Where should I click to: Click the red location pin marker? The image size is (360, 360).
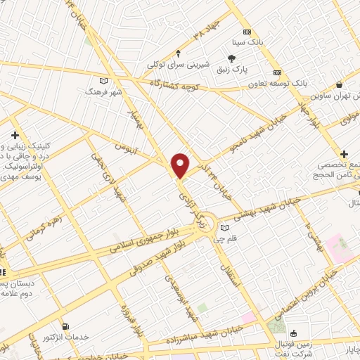click(x=181, y=165)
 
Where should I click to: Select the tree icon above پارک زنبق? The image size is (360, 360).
click(x=232, y=59)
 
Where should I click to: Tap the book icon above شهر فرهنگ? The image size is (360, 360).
click(x=104, y=81)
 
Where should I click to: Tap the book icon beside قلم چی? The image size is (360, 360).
click(x=224, y=227)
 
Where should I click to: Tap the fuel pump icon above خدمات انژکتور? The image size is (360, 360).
click(x=65, y=327)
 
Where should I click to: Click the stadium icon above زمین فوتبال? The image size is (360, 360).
click(x=292, y=333)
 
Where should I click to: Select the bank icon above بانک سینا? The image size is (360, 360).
click(x=247, y=32)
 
